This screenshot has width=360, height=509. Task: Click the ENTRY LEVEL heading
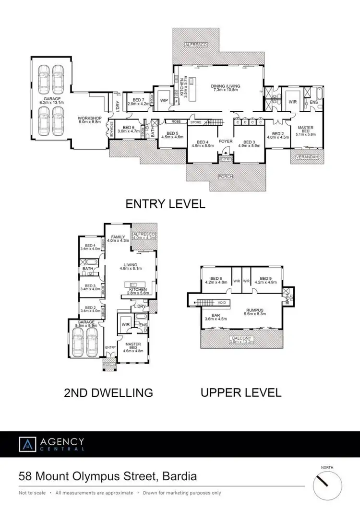click(x=165, y=204)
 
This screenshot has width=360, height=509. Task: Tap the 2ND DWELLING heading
click(x=108, y=393)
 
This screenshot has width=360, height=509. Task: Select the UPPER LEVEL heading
click(x=240, y=392)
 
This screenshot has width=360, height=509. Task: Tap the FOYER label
click(x=226, y=142)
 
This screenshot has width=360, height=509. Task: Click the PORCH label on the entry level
click(x=226, y=177)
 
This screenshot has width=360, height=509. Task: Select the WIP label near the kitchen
click(x=164, y=100)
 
